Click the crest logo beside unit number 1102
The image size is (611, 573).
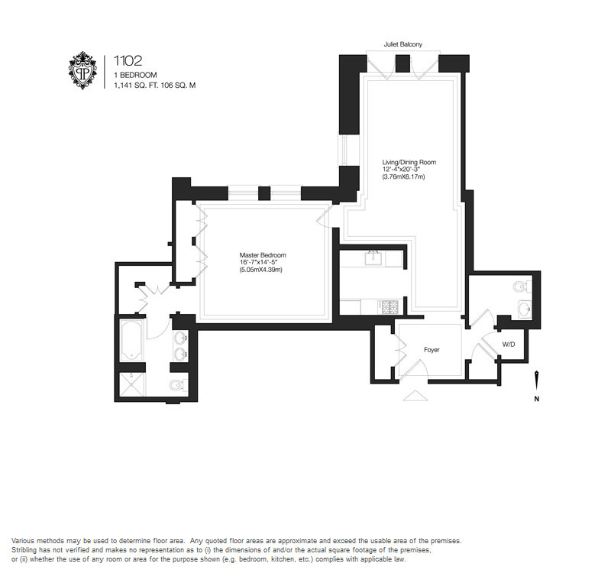(x=82, y=70)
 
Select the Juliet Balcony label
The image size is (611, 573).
(x=403, y=44)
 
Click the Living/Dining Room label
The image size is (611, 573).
(x=409, y=162)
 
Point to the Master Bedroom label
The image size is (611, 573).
(x=263, y=255)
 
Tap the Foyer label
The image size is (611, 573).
(x=432, y=350)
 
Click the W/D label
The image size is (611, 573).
(x=509, y=345)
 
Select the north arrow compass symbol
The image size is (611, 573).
(x=537, y=380)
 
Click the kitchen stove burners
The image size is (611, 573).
(x=388, y=306)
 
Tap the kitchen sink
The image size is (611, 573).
(x=373, y=258)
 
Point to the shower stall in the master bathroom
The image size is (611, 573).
(x=131, y=385)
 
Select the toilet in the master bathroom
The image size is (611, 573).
(x=179, y=385)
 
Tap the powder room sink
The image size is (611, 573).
(x=525, y=310)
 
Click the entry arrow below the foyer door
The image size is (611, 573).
(x=415, y=395)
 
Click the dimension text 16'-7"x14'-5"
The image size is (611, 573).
(x=258, y=262)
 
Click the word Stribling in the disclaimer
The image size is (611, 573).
(x=23, y=550)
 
